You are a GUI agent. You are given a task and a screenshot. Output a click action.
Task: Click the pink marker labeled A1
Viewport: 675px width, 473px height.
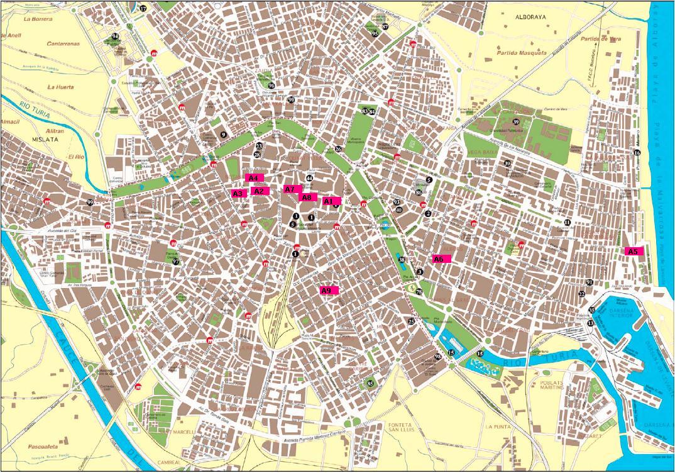(331, 201)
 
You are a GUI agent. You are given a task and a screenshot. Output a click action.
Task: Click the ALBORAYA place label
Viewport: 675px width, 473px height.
(531, 18)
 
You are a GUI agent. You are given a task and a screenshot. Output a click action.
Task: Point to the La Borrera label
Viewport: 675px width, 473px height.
(37, 19)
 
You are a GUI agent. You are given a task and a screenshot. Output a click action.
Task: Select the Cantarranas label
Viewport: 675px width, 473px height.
(63, 44)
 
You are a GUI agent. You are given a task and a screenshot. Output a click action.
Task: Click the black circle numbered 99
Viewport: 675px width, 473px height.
(91, 203)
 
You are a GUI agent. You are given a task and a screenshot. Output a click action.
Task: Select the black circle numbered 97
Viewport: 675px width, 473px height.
(176, 262)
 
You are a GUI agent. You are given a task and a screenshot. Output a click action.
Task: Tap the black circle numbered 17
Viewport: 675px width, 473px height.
(143, 9)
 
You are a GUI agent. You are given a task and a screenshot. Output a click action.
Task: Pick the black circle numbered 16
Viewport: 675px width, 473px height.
(637, 153)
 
